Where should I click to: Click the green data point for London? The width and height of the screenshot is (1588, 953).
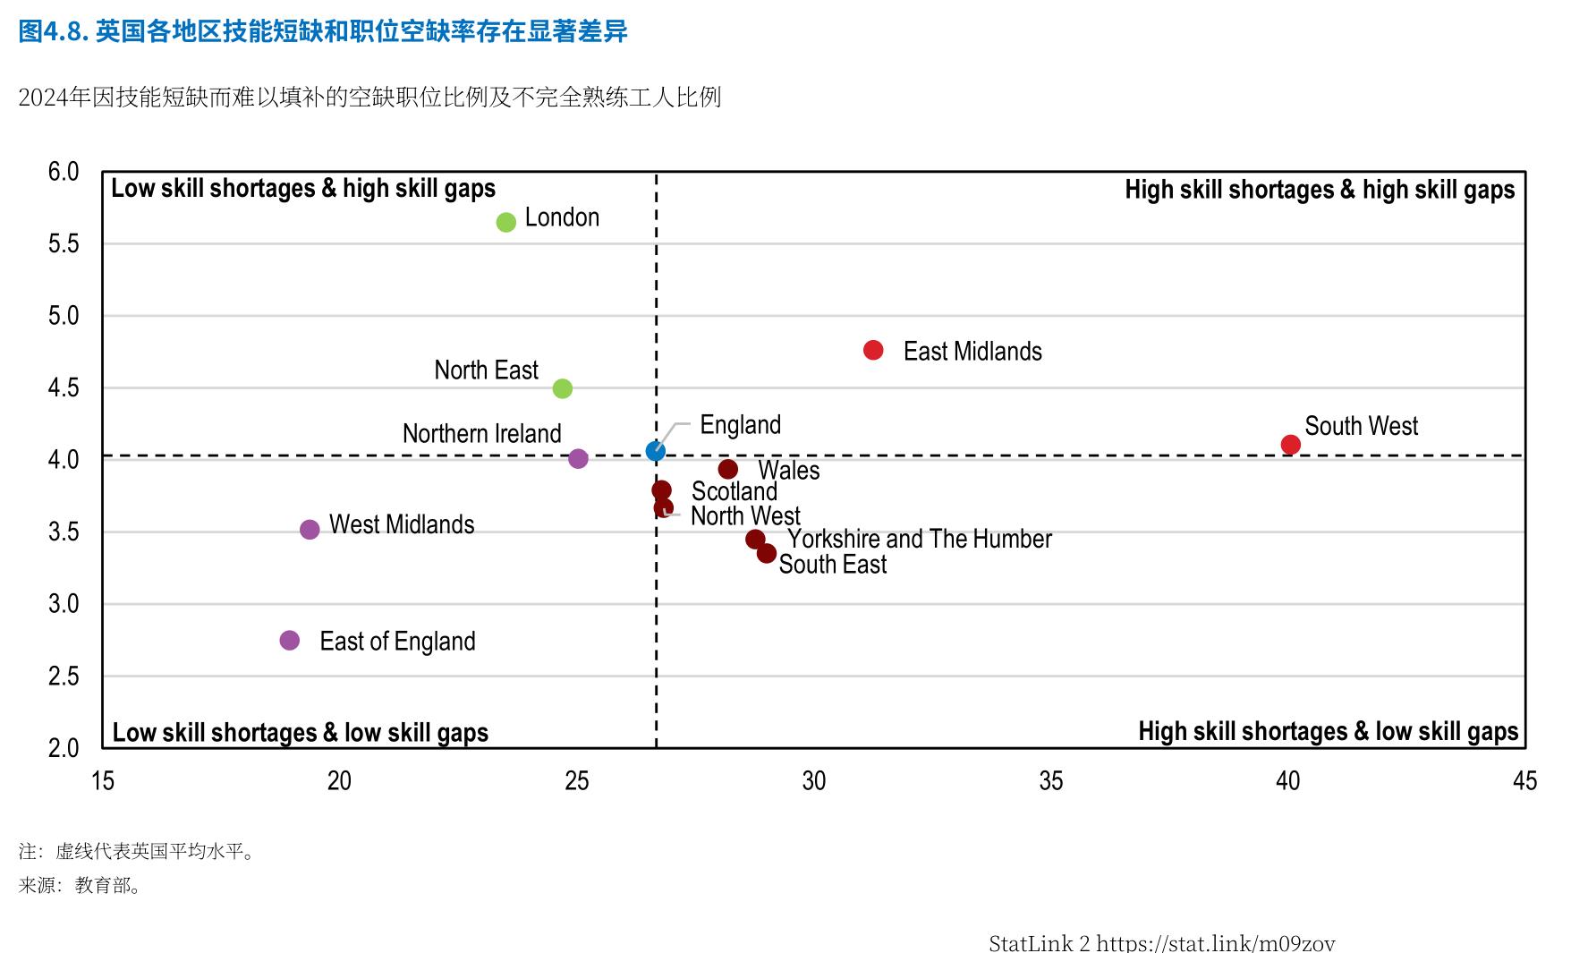(506, 222)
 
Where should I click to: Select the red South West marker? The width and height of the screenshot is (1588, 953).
(1290, 445)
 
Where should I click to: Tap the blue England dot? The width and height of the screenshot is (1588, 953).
(656, 451)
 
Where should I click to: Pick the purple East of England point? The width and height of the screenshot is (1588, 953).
(290, 640)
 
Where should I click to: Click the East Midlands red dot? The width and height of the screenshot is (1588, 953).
(873, 350)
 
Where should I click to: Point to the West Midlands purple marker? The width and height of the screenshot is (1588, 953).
(310, 530)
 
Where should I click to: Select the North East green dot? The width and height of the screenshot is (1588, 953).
(563, 388)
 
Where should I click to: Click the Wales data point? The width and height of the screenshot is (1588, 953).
(728, 469)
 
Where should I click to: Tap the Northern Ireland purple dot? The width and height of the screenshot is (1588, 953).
(579, 458)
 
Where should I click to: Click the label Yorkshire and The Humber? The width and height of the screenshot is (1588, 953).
(920, 539)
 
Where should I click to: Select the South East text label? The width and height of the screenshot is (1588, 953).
(833, 564)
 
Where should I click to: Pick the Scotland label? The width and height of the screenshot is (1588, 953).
(735, 491)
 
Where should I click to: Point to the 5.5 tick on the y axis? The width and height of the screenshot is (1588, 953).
(64, 243)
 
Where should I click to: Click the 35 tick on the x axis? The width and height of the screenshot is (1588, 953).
(1051, 781)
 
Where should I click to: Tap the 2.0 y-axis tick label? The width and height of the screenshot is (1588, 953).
(64, 748)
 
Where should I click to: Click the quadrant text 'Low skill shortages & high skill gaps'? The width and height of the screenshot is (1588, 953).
(303, 188)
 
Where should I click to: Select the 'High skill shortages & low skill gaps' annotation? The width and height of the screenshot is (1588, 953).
(1329, 731)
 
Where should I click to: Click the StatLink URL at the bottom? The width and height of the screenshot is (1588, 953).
(1216, 942)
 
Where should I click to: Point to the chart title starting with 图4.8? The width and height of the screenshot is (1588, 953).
(323, 32)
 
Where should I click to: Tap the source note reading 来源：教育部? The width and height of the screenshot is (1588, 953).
(81, 886)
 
